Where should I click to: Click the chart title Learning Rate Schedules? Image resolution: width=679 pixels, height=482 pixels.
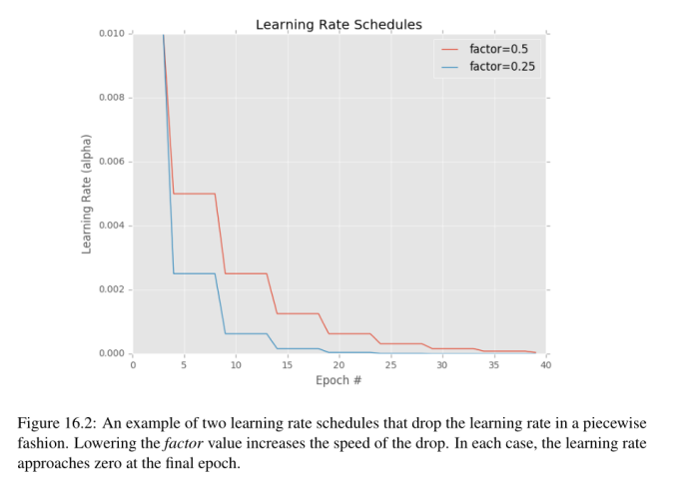339,24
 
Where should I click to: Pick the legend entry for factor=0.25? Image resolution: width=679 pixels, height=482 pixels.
504,66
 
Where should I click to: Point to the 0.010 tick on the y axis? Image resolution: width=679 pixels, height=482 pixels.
112,34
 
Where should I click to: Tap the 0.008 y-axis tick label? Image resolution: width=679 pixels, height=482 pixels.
112,98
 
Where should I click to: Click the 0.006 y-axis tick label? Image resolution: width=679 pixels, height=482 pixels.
112,162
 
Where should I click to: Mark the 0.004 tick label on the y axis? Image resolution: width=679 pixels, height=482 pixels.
112,226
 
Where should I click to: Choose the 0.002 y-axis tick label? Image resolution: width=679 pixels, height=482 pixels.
112,289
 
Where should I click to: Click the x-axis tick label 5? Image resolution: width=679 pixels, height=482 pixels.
185,365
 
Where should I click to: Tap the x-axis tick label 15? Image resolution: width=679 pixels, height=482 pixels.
288,365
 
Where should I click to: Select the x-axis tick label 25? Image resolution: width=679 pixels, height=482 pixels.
390,365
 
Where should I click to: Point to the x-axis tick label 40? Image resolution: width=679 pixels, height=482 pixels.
545,365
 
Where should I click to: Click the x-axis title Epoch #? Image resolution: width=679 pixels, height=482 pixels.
339,380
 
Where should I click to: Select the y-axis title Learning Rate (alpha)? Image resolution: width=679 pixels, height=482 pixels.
87,193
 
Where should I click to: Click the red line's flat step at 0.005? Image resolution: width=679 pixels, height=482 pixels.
195,194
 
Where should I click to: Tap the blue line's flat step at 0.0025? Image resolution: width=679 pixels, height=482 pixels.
195,273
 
